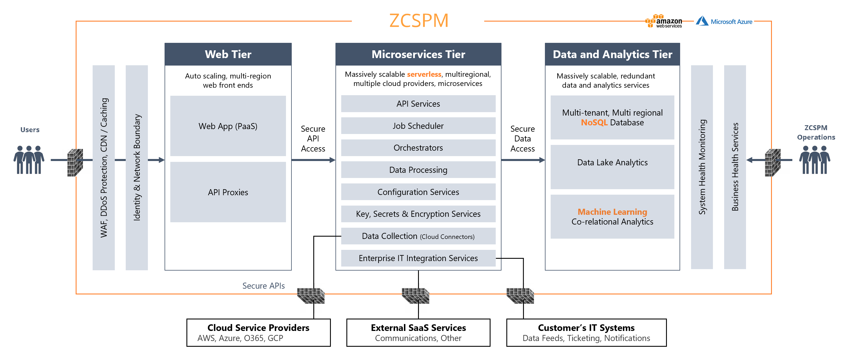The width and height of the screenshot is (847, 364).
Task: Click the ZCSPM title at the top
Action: (x=419, y=21)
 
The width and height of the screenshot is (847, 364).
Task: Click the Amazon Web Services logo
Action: (x=663, y=21)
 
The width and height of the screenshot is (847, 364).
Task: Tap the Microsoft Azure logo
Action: (x=724, y=21)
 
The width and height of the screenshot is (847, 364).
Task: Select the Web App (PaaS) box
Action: (x=228, y=126)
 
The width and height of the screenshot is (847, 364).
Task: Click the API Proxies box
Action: (x=228, y=192)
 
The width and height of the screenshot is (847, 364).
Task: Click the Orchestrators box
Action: (x=418, y=147)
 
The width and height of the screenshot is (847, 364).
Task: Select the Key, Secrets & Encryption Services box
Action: (x=418, y=214)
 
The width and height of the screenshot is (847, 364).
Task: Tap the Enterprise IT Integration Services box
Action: (x=418, y=258)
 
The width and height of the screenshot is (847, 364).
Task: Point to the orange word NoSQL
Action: (x=594, y=122)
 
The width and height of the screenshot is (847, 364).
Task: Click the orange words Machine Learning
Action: (x=612, y=212)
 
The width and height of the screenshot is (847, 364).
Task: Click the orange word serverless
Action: (x=424, y=74)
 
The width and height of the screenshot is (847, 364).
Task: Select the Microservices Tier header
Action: (x=418, y=54)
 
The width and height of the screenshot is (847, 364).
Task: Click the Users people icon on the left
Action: (x=29, y=160)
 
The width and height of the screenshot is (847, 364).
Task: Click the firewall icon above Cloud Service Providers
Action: (x=311, y=295)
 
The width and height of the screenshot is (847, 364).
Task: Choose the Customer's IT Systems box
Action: (x=586, y=332)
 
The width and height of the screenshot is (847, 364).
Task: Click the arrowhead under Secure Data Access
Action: (x=542, y=160)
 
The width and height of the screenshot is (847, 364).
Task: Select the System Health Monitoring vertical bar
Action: (x=702, y=167)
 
